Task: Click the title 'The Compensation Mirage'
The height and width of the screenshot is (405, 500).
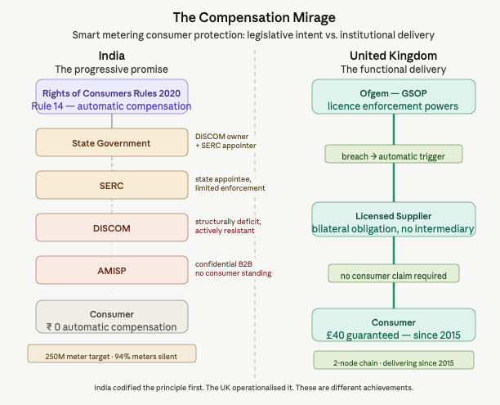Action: pyautogui.click(x=249, y=17)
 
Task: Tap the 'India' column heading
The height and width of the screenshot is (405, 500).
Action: pyautogui.click(x=111, y=55)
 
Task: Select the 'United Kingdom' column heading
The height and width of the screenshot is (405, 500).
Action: pyautogui.click(x=393, y=55)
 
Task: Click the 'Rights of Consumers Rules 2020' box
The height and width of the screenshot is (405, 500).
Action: pyautogui.click(x=112, y=97)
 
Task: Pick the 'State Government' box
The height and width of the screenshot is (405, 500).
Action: pyautogui.click(x=112, y=143)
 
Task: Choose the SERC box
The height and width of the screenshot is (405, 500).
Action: pyautogui.click(x=112, y=185)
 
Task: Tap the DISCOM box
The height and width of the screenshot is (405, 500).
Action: pyautogui.click(x=112, y=227)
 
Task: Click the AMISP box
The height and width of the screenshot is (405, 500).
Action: pyautogui.click(x=112, y=269)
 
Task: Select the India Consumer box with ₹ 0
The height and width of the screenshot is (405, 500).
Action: pyautogui.click(x=112, y=318)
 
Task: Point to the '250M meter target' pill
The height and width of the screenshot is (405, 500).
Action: pyautogui.click(x=112, y=353)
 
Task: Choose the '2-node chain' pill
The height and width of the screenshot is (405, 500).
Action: pyautogui.click(x=393, y=360)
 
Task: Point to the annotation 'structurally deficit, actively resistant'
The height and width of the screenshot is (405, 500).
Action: pyautogui.click(x=225, y=226)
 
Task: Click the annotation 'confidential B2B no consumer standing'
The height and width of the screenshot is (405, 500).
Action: pyautogui.click(x=233, y=268)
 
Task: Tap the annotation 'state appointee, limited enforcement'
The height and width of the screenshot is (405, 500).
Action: pyautogui.click(x=230, y=183)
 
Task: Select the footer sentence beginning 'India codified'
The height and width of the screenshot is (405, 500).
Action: pyautogui.click(x=249, y=387)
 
